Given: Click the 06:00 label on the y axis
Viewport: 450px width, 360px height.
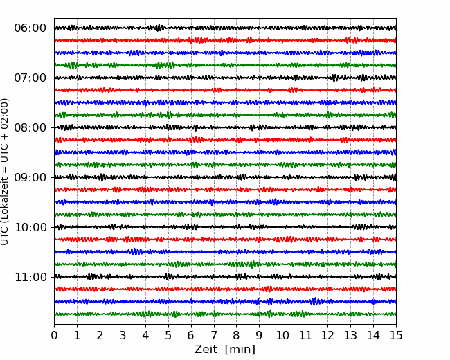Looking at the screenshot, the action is [x=30, y=28].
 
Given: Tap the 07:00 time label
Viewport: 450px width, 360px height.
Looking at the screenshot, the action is [x=30, y=78].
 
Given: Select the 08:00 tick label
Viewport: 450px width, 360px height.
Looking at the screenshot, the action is [x=30, y=128].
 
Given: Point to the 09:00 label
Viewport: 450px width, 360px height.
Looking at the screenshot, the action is [x=30, y=177].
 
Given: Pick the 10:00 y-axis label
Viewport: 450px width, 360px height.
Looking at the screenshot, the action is [x=30, y=227].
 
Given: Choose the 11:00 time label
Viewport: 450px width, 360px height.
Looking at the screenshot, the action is [x=30, y=278].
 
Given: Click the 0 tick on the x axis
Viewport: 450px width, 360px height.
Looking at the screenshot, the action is [x=54, y=335].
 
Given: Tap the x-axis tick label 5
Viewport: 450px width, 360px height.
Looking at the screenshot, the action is [x=168, y=335].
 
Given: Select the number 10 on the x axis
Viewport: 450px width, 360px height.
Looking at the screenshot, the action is [x=282, y=335].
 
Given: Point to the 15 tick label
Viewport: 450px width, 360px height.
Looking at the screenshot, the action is [x=396, y=335].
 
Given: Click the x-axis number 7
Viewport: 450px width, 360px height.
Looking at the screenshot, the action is [x=214, y=335].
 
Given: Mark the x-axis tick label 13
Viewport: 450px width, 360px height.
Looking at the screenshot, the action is [x=350, y=335].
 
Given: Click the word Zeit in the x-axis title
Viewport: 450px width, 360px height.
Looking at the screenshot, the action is [x=206, y=349].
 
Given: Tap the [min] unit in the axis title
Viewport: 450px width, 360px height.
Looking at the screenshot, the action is [x=240, y=350].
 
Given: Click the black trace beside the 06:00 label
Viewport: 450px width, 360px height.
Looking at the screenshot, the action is [x=225, y=28].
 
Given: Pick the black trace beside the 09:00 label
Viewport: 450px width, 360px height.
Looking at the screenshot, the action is [x=225, y=177].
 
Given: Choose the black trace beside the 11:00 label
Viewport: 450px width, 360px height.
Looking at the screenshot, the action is [x=225, y=277].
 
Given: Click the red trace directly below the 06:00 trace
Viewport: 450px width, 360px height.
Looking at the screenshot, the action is [x=225, y=40].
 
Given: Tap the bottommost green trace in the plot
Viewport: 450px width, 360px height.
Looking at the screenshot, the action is [x=225, y=314].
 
